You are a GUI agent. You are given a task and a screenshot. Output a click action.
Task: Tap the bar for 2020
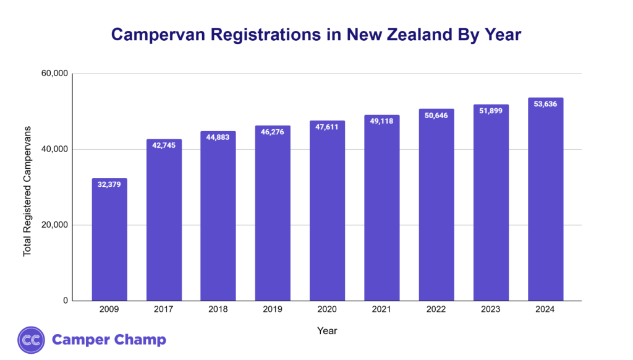pyautogui.click(x=327, y=211)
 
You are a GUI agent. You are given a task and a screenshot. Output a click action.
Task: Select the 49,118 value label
pyautogui.click(x=381, y=121)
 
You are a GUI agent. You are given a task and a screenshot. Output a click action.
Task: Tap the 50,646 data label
pyautogui.click(x=436, y=115)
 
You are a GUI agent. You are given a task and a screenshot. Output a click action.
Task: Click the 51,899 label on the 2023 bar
pyautogui.click(x=491, y=111)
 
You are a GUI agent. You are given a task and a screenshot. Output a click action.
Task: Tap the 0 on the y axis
pyautogui.click(x=65, y=301)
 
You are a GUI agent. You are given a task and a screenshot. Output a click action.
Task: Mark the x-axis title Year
pyautogui.click(x=327, y=331)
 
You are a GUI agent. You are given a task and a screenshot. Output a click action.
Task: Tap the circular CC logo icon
pyautogui.click(x=31, y=340)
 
